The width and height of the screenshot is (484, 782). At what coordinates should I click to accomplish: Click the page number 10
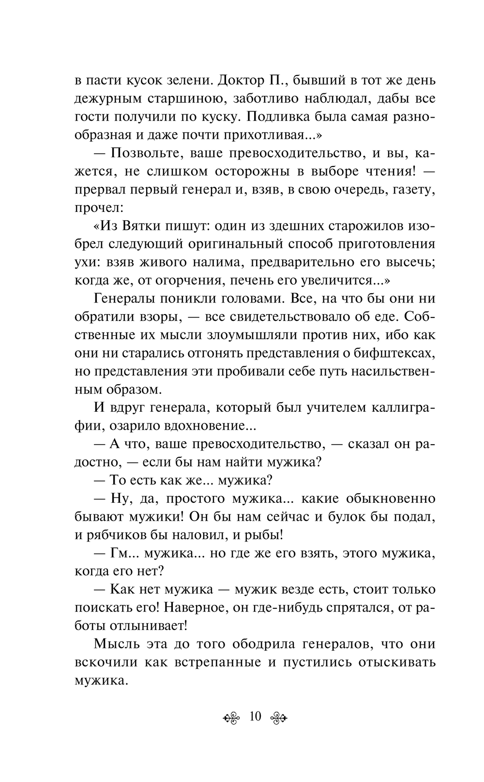(x=255, y=716)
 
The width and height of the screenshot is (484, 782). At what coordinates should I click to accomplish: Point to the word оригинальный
(x=235, y=244)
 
